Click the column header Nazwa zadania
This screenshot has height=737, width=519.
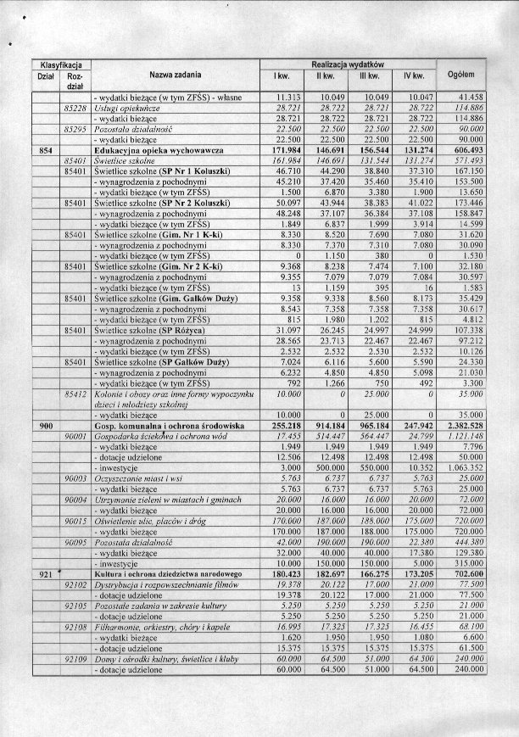(x=175, y=75)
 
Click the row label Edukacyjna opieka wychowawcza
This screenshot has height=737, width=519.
(x=159, y=149)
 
